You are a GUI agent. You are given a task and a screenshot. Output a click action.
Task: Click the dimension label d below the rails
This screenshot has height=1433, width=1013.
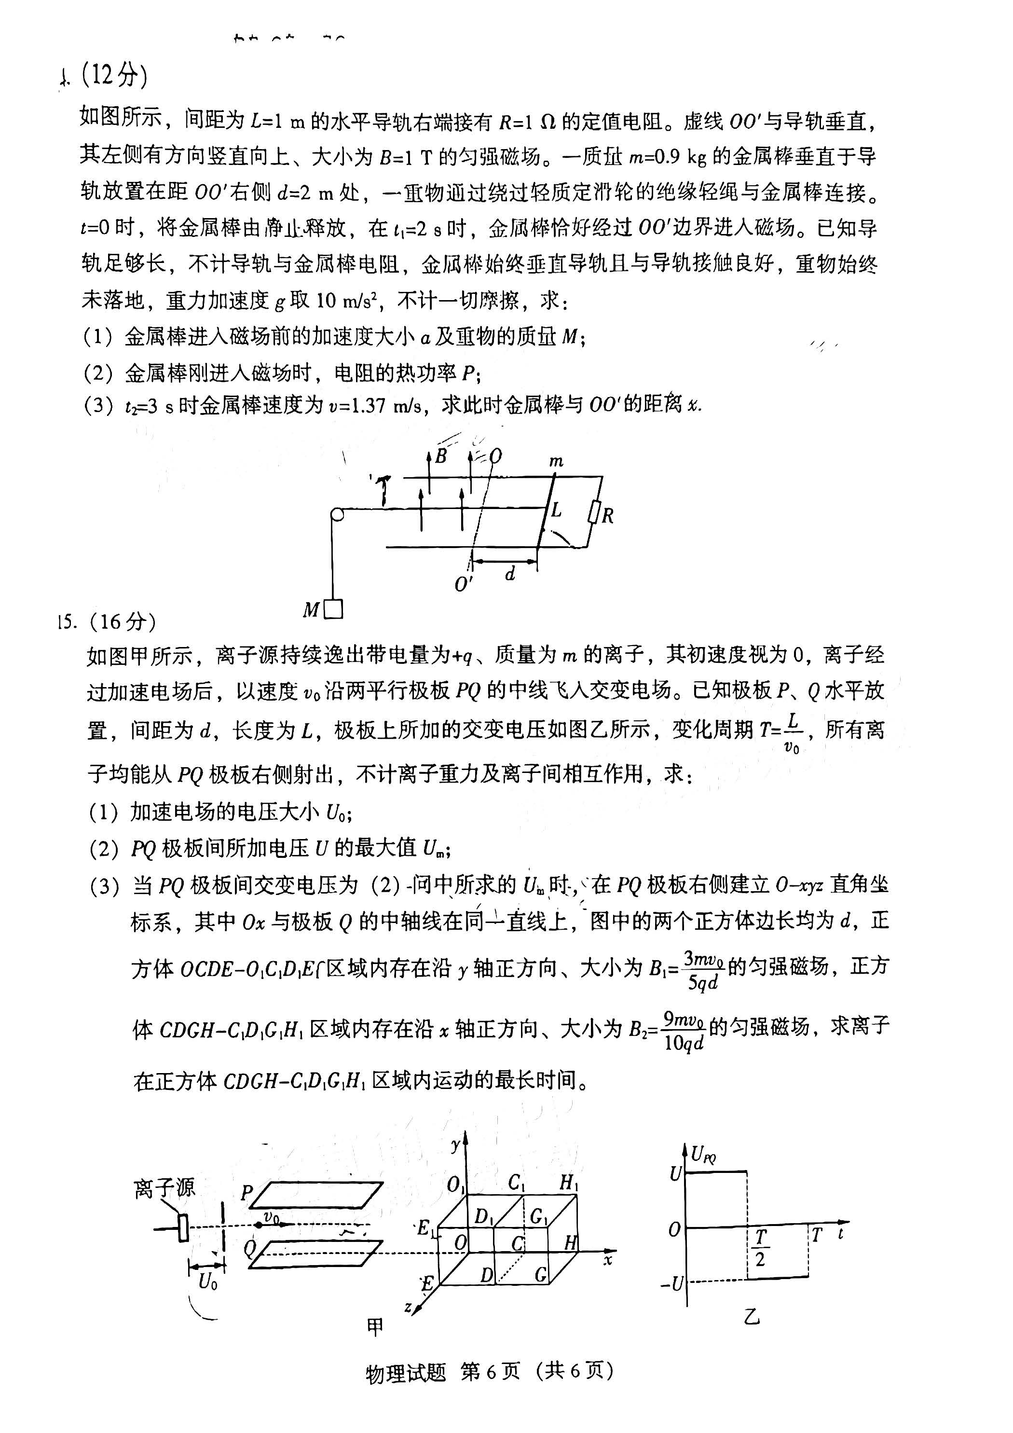[x=510, y=574]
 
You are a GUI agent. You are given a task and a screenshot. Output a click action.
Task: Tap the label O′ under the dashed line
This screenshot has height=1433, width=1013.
[x=464, y=584]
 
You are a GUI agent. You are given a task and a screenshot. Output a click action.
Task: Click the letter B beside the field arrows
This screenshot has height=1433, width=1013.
[x=441, y=456]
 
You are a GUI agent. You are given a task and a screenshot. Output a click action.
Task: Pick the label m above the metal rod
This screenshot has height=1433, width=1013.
[x=556, y=461]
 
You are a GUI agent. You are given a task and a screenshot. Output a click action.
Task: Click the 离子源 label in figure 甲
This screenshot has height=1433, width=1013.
[x=164, y=1188]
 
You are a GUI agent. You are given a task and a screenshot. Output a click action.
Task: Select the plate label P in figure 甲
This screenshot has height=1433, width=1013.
[x=246, y=1193]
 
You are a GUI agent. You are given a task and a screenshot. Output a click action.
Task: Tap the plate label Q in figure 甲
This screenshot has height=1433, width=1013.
[x=250, y=1248]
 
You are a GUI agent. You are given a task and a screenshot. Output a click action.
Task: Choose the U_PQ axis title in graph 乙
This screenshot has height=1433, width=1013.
[x=703, y=1155]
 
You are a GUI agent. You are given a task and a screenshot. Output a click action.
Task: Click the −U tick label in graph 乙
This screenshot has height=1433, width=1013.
[x=672, y=1283]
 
